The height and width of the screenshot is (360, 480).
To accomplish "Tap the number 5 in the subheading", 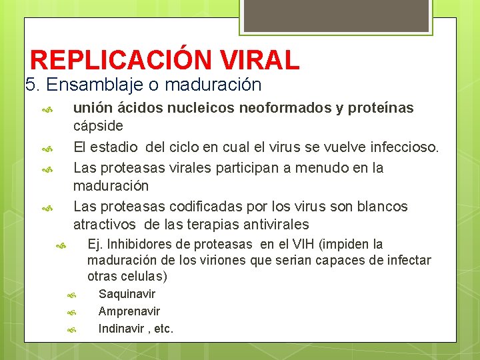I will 29,85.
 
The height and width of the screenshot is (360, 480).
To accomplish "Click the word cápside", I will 98,126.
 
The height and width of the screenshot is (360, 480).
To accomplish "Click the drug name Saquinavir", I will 127,294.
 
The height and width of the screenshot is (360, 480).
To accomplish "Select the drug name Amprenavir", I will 129,311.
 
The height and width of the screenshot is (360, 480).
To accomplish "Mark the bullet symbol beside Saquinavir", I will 73,295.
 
